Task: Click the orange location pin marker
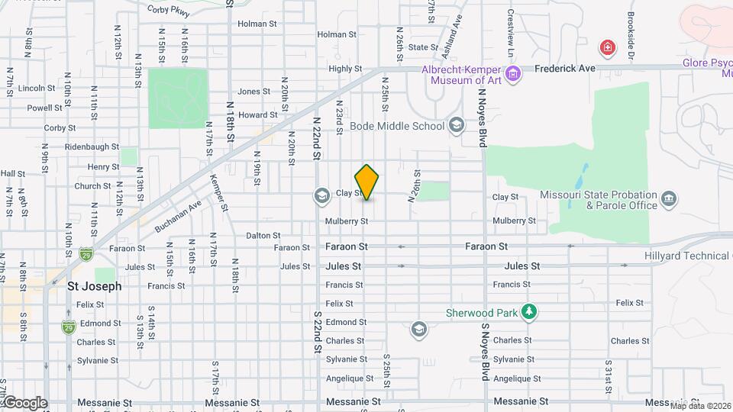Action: click(x=367, y=182)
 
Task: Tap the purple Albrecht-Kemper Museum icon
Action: click(x=513, y=74)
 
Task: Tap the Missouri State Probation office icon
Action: click(x=669, y=200)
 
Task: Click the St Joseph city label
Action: click(x=94, y=287)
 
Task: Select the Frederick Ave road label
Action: click(x=564, y=69)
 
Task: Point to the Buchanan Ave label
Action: click(x=177, y=217)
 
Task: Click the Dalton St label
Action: click(x=263, y=236)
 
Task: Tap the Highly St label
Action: click(x=344, y=69)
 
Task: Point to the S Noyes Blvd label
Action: click(x=484, y=351)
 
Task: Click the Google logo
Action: click(x=24, y=403)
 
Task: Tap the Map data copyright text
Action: click(x=700, y=406)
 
